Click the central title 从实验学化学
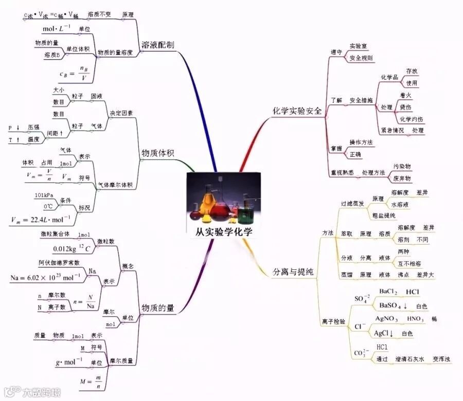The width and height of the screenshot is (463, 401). (x=224, y=231)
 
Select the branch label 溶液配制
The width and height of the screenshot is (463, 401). (x=158, y=45)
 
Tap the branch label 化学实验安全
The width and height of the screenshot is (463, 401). (x=297, y=111)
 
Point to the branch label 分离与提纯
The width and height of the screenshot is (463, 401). (x=292, y=272)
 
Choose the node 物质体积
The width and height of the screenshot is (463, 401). (x=158, y=153)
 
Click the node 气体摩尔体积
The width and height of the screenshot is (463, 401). (x=115, y=185)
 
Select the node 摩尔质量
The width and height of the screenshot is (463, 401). (x=122, y=360)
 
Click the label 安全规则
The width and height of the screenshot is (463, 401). (x=361, y=58)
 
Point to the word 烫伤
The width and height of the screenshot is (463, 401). (x=406, y=107)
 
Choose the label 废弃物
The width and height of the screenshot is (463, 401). (x=402, y=178)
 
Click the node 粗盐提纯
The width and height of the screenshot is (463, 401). (x=383, y=215)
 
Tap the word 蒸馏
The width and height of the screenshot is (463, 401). (x=347, y=275)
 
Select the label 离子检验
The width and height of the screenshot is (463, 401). (x=333, y=321)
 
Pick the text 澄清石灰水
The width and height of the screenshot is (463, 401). (x=410, y=359)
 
